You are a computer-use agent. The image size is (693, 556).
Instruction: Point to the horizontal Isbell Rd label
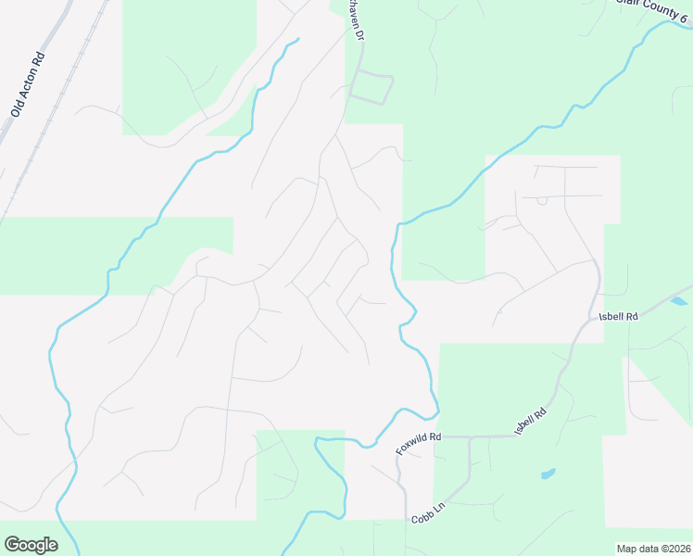(619, 317)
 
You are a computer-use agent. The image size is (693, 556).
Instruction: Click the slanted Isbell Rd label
(531, 420)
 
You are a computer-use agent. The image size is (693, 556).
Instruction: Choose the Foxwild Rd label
(419, 442)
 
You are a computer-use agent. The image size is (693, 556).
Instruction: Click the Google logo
(31, 545)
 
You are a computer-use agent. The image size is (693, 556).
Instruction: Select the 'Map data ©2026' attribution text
(652, 549)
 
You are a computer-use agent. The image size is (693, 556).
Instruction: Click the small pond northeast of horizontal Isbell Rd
(679, 301)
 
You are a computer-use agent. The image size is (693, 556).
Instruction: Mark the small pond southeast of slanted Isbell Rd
(548, 474)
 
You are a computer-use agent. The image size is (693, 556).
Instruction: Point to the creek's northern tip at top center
(297, 40)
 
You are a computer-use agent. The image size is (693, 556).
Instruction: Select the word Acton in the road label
(26, 88)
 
